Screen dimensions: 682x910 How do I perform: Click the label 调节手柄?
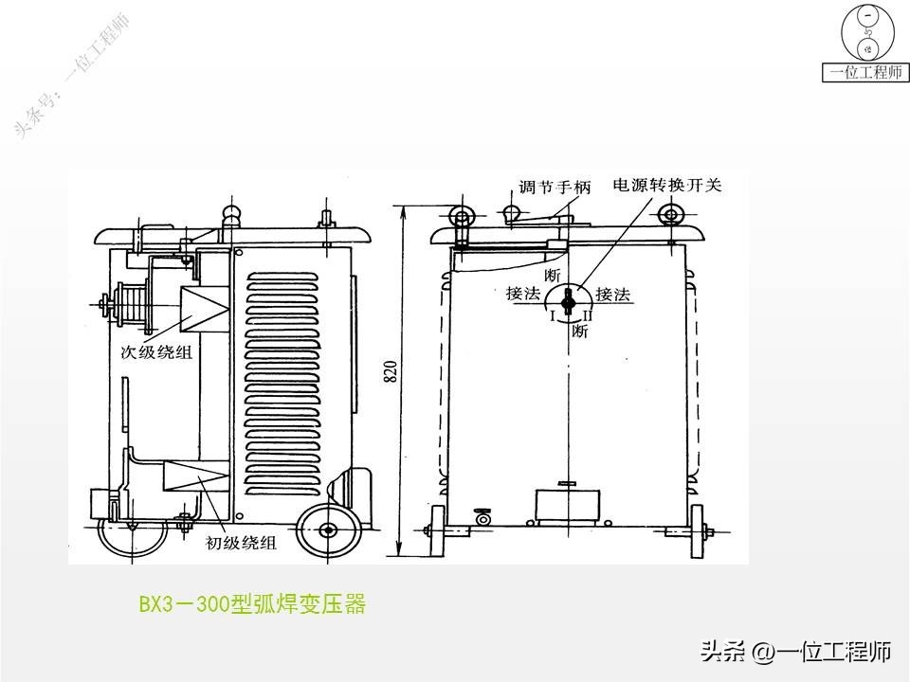click(555, 187)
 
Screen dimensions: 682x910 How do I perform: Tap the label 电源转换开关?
click(667, 185)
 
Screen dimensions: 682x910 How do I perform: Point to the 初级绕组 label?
click(242, 543)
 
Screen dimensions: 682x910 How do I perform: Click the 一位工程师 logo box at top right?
click(865, 72)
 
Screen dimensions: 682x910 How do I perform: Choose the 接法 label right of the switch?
click(614, 295)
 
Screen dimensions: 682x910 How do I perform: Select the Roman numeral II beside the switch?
click(588, 315)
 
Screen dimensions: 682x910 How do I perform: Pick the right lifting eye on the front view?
click(671, 212)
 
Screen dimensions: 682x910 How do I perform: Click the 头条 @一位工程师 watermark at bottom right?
click(795, 651)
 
